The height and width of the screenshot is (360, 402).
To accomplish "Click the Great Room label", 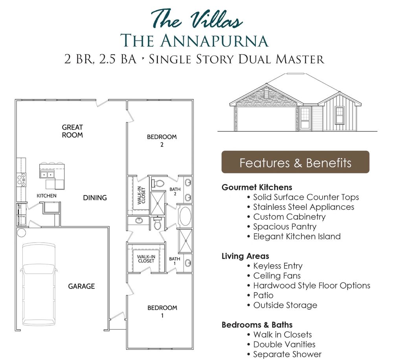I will [x=72, y=131].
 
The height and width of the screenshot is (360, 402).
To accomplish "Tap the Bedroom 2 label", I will [x=162, y=141].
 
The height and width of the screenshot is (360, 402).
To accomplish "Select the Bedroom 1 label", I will [x=162, y=311].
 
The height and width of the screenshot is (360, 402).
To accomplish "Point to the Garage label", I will [x=81, y=286].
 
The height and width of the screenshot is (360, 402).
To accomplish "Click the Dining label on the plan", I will [x=95, y=197].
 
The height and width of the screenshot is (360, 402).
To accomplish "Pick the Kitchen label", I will [x=46, y=196].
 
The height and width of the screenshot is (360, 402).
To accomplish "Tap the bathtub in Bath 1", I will [x=185, y=216].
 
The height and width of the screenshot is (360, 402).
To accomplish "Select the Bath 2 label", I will [x=175, y=192].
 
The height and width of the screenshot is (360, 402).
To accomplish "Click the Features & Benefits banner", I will [x=295, y=162].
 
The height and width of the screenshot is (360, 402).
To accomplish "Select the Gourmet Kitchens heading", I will [x=257, y=187].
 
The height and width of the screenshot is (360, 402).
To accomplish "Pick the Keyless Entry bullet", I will [x=277, y=266].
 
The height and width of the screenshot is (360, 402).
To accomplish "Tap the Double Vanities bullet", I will [x=284, y=344].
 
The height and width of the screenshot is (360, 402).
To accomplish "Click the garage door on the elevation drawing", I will [x=266, y=119].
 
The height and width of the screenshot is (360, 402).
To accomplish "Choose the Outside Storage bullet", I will [x=285, y=305].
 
